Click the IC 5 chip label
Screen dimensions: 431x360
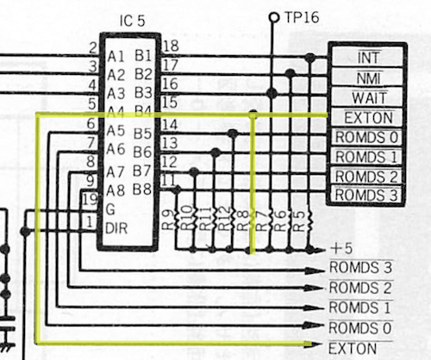click(132, 21)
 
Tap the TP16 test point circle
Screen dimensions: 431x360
click(274, 18)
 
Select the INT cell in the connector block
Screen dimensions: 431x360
click(369, 57)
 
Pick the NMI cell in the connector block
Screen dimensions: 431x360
click(369, 78)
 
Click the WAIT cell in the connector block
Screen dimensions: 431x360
click(369, 97)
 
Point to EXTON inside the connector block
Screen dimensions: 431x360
click(369, 117)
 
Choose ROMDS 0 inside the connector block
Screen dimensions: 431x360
click(366, 137)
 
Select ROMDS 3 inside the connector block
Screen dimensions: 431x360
click(366, 195)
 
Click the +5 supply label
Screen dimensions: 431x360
click(341, 248)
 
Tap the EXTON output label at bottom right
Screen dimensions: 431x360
click(353, 349)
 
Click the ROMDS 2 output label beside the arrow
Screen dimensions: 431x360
click(360, 288)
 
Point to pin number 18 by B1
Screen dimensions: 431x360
click(171, 46)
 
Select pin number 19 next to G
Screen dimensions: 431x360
click(90, 199)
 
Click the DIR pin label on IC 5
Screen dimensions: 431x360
click(116, 228)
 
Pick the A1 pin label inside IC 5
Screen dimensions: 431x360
click(116, 57)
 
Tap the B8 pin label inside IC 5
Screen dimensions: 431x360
click(142, 189)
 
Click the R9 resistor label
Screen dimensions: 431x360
click(168, 220)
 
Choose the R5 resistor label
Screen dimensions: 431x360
click(299, 221)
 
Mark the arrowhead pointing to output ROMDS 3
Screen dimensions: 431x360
click(315, 270)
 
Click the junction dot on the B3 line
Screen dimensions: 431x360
click(272, 93)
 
